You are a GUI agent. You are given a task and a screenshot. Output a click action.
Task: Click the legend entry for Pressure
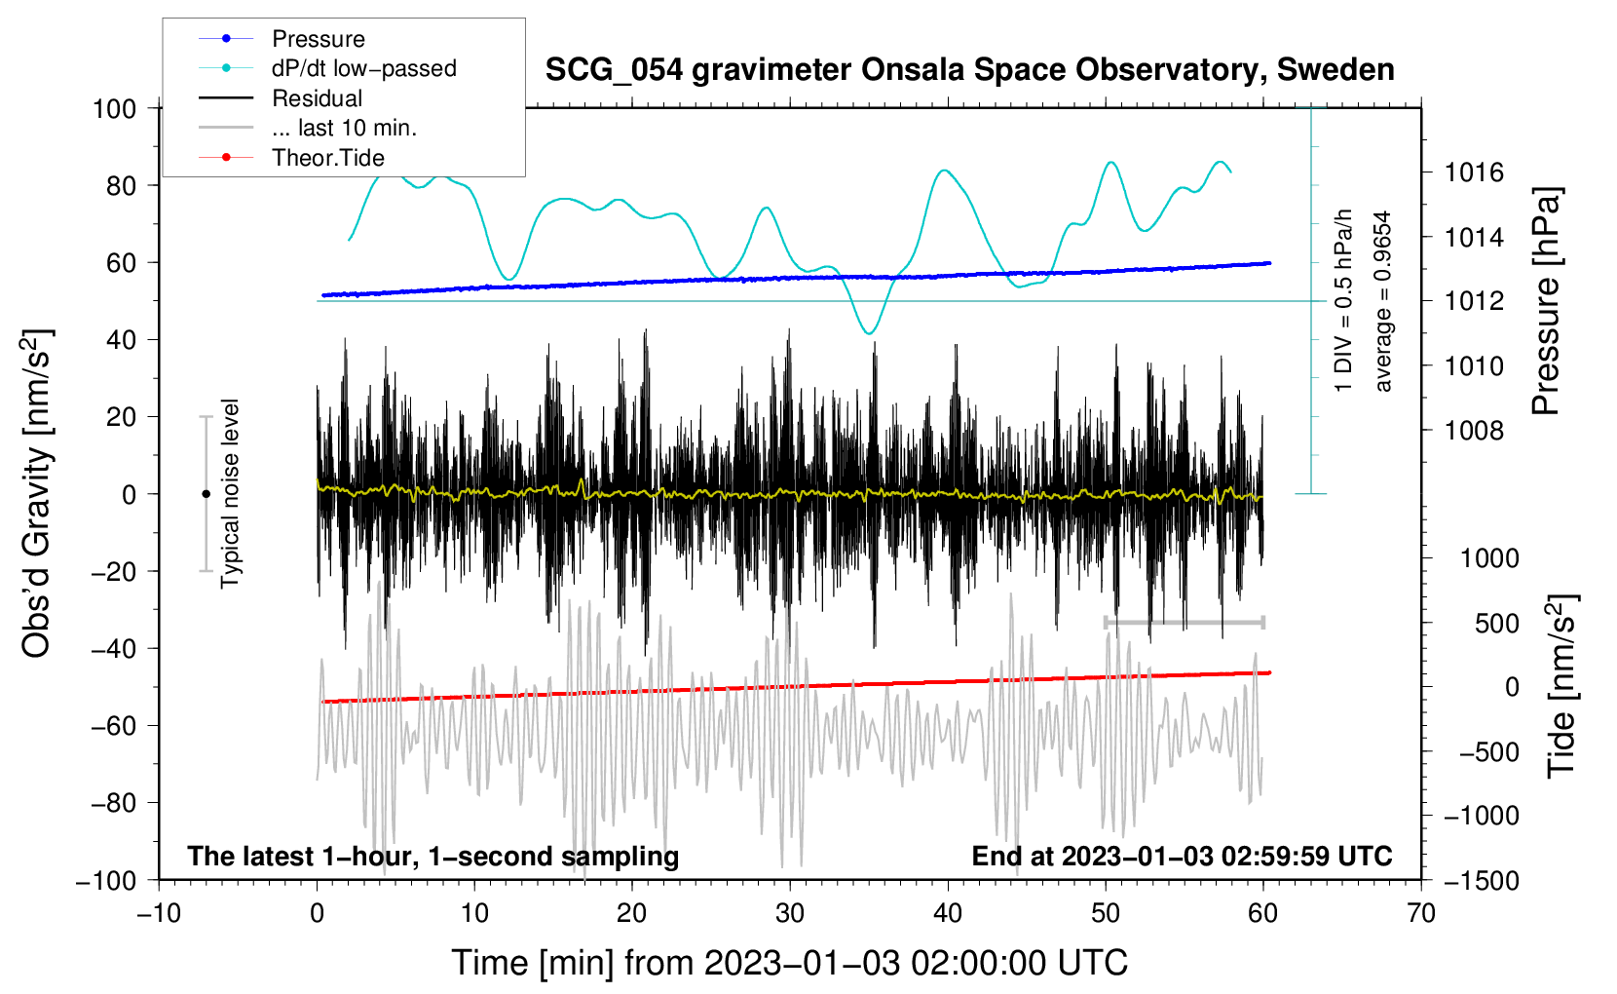[x=318, y=39]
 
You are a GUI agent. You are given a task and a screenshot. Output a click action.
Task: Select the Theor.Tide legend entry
[x=327, y=158]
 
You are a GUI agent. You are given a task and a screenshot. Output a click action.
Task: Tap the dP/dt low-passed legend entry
[x=363, y=68]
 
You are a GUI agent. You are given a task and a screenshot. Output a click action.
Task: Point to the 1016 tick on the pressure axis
[x=1474, y=173]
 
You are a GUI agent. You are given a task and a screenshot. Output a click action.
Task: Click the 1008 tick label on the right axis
[x=1474, y=431]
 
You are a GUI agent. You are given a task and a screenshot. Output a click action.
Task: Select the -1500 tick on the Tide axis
[x=1481, y=880]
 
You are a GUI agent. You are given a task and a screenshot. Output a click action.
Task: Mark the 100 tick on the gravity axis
[x=114, y=108]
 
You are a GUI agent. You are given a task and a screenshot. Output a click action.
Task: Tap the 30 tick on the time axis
[x=790, y=913]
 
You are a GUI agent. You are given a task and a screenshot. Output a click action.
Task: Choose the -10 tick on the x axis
[x=159, y=913]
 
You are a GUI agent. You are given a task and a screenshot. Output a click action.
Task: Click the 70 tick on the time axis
[x=1421, y=913]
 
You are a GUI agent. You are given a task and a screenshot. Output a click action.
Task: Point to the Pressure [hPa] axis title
[x=1546, y=302]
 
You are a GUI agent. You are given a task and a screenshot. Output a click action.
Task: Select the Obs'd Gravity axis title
[x=37, y=494]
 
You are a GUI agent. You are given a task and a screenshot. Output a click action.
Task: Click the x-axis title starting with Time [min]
[x=790, y=963]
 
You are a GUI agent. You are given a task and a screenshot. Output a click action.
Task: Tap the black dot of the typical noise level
[x=206, y=494]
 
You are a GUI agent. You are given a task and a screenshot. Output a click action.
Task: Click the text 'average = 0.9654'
[x=1383, y=302]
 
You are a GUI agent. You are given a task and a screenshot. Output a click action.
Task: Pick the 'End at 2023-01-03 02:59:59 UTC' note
[x=1182, y=857]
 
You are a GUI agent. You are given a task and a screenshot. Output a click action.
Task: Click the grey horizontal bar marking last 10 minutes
[x=1185, y=622]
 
